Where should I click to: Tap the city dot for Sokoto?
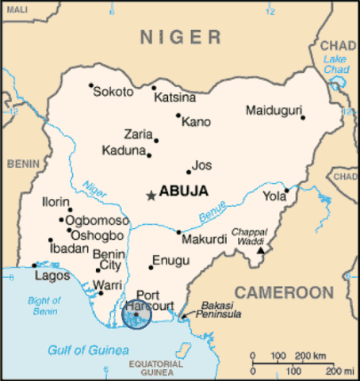[91, 86]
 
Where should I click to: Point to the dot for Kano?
[178, 116]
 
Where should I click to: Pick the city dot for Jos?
[189, 172]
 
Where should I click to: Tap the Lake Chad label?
[336, 65]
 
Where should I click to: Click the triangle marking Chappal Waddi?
[261, 251]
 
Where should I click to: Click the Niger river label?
[94, 190]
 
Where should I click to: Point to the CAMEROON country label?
[284, 292]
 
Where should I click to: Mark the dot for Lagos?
[34, 265]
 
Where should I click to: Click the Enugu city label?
[170, 260]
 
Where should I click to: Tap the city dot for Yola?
[287, 189]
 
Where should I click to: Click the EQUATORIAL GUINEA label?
[155, 368]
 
